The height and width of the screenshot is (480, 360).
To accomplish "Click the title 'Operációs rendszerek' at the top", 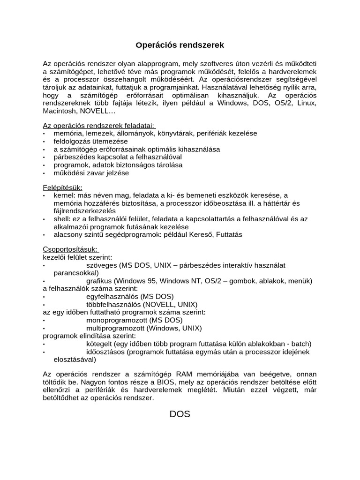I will point(180,45).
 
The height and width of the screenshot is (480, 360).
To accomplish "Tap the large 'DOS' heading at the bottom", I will point(180,414).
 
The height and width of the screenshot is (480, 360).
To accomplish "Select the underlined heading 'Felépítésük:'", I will point(62,187).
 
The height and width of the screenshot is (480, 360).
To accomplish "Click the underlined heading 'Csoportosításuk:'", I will point(71,249).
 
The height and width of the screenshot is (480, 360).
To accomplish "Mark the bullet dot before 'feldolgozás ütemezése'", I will point(45,142).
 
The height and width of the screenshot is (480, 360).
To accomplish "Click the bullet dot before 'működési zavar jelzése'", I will point(45,173).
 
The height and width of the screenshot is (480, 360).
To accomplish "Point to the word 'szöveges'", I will point(102,265).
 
